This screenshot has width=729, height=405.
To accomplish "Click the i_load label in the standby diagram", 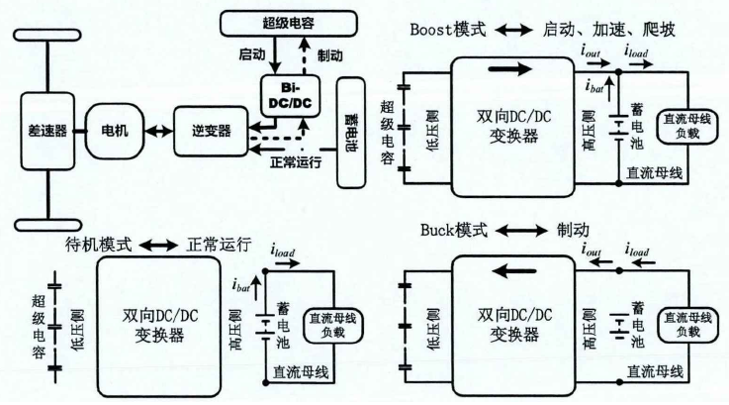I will coord(283,263).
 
